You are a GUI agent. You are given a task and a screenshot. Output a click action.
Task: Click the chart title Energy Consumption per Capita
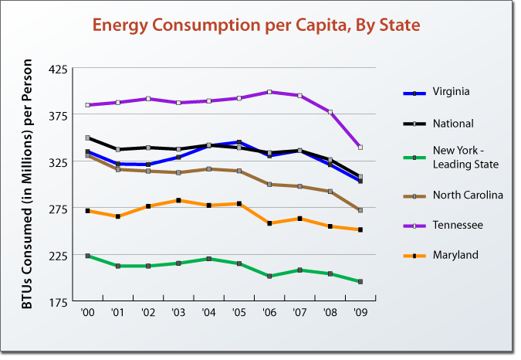pos(255,25)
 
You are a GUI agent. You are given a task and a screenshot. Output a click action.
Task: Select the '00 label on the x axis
pos(88,314)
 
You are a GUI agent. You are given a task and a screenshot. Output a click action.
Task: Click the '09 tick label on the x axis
pos(360,314)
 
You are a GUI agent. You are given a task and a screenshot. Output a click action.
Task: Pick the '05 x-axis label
pos(239,314)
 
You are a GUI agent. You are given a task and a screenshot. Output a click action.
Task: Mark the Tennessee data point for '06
pos(269,92)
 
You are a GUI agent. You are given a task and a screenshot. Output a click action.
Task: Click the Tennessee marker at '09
pos(360,147)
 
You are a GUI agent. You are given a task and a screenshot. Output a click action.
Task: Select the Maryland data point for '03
pos(179,200)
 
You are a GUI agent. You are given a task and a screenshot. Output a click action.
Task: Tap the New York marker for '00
pos(88,256)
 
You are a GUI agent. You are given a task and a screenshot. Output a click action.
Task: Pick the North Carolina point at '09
pos(360,210)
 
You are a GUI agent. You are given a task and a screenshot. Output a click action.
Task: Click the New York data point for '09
pos(360,282)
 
